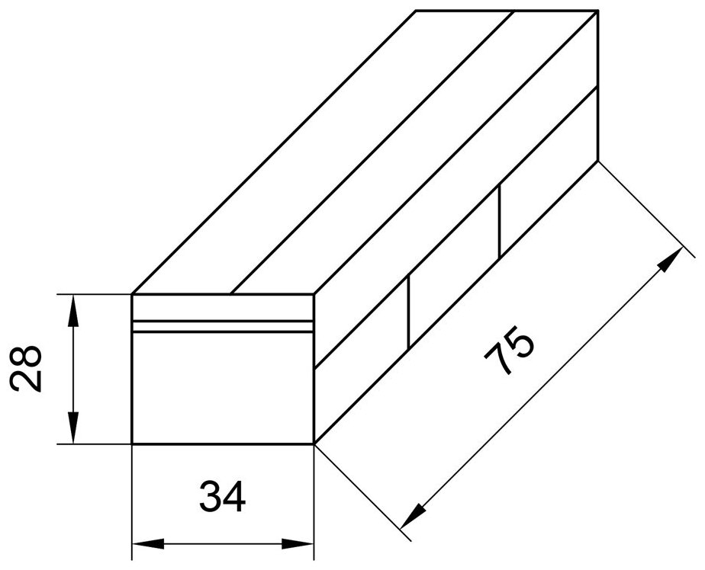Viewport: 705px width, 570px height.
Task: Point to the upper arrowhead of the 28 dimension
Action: point(73,305)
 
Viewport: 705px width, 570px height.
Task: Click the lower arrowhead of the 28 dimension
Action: point(73,432)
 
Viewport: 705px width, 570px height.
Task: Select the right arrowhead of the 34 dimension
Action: point(303,544)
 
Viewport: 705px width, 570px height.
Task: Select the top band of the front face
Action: point(223,306)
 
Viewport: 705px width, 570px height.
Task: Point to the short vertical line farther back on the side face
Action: point(499,220)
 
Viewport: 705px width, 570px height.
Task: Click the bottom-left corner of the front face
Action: point(132,444)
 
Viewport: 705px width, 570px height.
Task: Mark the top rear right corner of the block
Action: point(596,11)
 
